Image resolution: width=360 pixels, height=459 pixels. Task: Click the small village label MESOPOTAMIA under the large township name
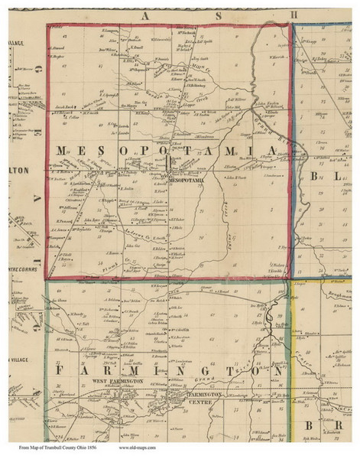click(184, 181)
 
